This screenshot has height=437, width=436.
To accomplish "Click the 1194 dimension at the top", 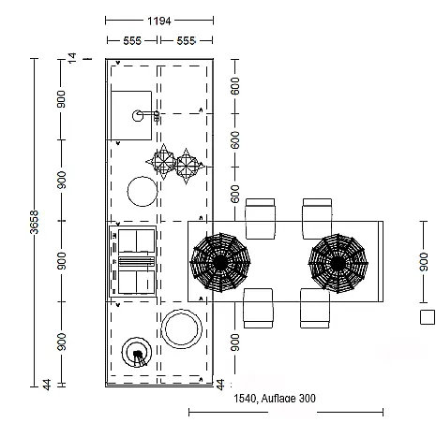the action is pyautogui.click(x=159, y=21).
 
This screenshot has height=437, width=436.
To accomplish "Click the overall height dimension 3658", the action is pyautogui.click(x=34, y=222).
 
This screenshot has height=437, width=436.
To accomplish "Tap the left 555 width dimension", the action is pyautogui.click(x=132, y=40).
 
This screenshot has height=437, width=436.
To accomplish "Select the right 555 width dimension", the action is pyautogui.click(x=186, y=40).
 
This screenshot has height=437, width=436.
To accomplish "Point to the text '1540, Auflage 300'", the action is pyautogui.click(x=275, y=399).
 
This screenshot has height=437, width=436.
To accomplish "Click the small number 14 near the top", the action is pyautogui.click(x=72, y=58).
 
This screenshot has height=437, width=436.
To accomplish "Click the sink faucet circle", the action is pyautogui.click(x=138, y=116).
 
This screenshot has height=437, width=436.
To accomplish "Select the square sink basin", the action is pyautogui.click(x=131, y=115).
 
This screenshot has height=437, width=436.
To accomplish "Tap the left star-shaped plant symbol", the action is pyautogui.click(x=162, y=162).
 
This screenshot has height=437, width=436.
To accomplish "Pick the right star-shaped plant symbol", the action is pyautogui.click(x=187, y=166).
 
